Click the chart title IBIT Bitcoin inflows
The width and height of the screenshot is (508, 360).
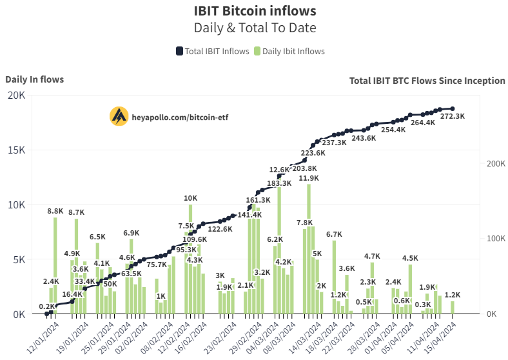coord(255,11)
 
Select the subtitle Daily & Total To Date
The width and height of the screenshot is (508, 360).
coord(255,28)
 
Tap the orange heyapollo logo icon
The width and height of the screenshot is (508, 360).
coord(118,116)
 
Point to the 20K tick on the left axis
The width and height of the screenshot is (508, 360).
coord(16,95)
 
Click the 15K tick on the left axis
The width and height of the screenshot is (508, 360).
coord(16,150)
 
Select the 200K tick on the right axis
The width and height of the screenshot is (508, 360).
coord(495,164)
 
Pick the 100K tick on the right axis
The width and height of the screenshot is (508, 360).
coord(495,239)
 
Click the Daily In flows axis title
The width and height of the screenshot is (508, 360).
coord(34,79)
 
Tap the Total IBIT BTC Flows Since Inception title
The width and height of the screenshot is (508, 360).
coord(427,81)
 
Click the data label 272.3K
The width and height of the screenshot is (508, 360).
coord(452,116)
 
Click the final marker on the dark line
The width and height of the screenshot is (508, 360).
coord(453,108)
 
